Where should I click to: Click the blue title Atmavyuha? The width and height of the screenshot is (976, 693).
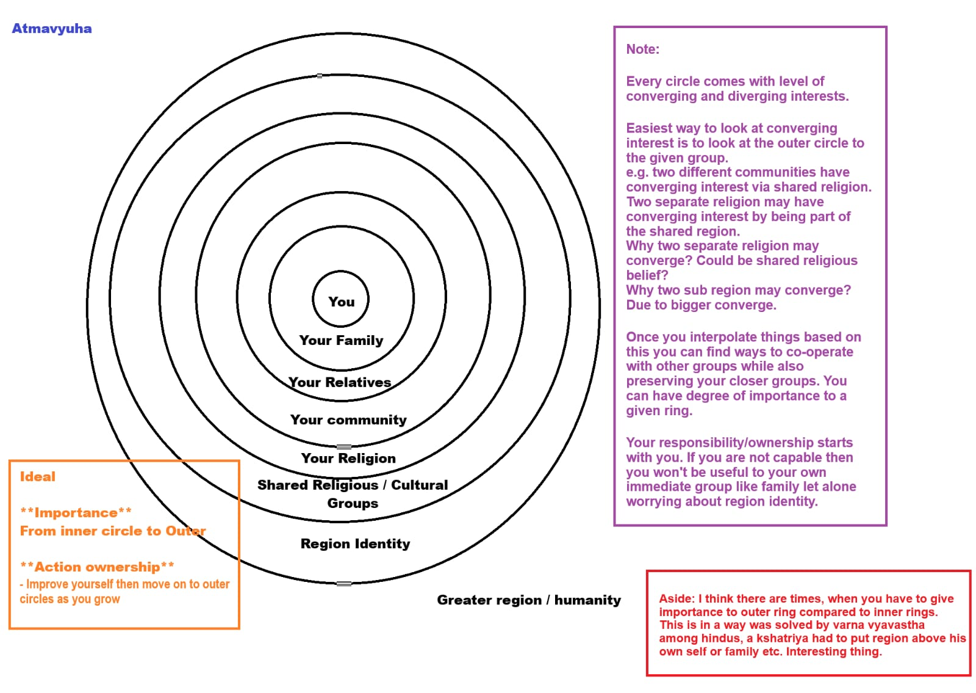pyautogui.click(x=52, y=29)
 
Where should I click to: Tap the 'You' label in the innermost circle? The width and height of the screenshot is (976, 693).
pyautogui.click(x=341, y=302)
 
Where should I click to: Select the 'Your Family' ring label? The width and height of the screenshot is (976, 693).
pyautogui.click(x=341, y=340)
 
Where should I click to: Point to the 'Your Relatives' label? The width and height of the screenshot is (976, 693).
pyautogui.click(x=340, y=382)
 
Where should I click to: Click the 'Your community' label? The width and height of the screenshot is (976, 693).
pyautogui.click(x=348, y=420)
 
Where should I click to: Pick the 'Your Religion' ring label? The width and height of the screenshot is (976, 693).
pyautogui.click(x=348, y=458)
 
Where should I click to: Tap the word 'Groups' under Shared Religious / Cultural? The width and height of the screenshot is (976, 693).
pyautogui.click(x=353, y=503)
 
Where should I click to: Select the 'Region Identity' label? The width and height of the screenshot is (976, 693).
pyautogui.click(x=355, y=543)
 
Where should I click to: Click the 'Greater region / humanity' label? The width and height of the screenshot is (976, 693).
pyautogui.click(x=528, y=600)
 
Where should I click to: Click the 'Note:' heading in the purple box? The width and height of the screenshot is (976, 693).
pyautogui.click(x=642, y=49)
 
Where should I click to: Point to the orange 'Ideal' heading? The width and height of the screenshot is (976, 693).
pyautogui.click(x=37, y=477)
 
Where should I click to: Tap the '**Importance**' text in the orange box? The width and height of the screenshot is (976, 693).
pyautogui.click(x=76, y=512)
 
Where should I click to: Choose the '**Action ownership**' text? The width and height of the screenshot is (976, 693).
pyautogui.click(x=97, y=567)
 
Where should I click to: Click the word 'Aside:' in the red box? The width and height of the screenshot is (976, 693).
pyautogui.click(x=676, y=599)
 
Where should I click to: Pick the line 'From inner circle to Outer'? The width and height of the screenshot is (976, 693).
pyautogui.click(x=113, y=531)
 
